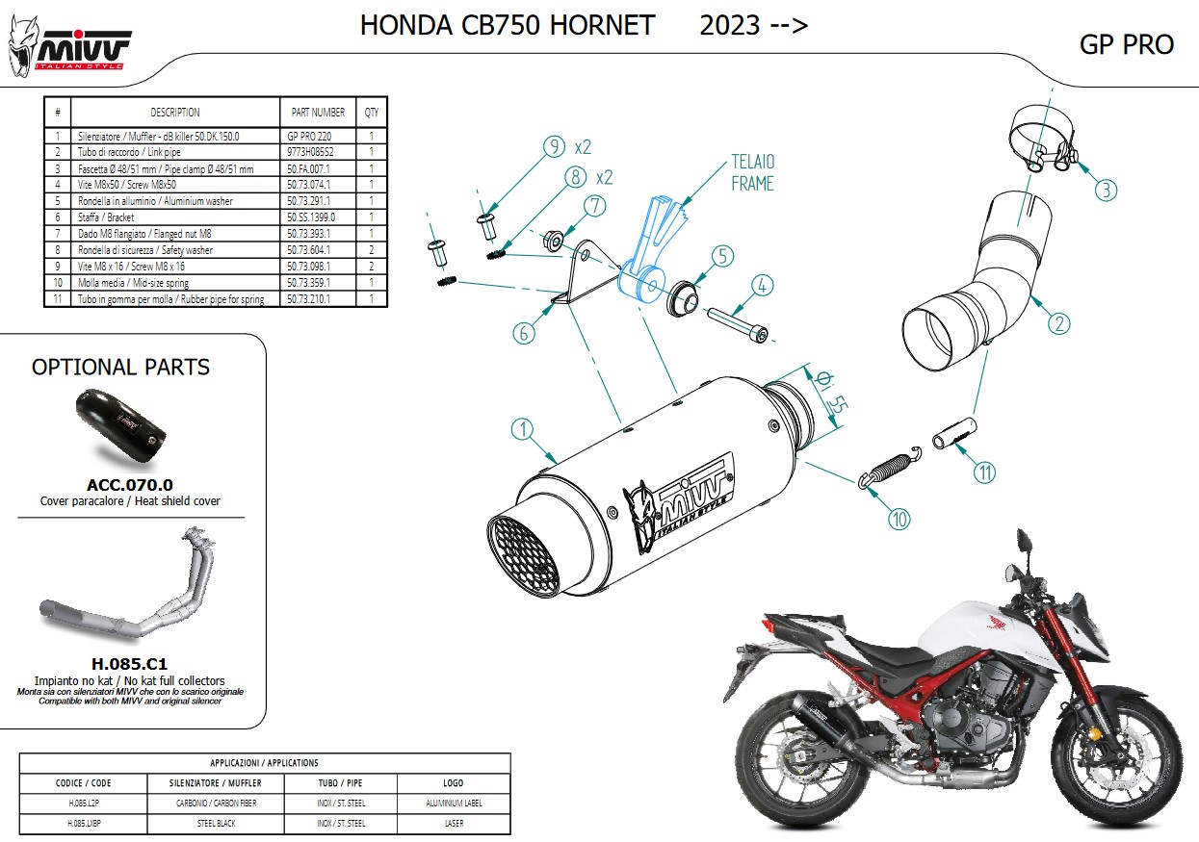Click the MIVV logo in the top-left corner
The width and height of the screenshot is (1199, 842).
pos(69,47)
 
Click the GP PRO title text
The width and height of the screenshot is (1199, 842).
pos(1126,44)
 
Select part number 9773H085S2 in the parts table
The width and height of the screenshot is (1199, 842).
pos(310,152)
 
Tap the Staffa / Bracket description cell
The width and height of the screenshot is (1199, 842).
pos(106,217)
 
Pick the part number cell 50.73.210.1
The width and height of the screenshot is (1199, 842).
pos(308,299)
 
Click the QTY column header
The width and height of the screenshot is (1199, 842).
pos(372,113)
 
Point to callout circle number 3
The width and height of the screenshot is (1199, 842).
pos(1106,190)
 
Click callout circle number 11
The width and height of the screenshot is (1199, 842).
pos(984,472)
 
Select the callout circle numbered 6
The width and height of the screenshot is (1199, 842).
pos(524,333)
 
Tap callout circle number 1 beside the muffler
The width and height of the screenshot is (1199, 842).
pos(522,429)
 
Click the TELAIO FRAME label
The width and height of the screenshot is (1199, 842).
pos(752,172)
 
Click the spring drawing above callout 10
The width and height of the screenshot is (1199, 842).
pos(890,467)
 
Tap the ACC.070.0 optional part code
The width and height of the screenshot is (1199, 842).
pos(130,485)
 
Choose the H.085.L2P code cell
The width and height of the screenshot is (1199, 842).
pos(84,803)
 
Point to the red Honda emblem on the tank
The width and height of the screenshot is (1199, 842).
pos(997,622)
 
